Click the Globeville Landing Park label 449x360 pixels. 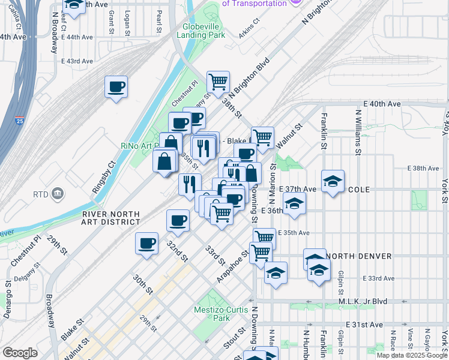(x=201, y=31)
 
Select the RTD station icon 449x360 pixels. (x=58, y=193)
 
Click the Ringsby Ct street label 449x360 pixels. (x=103, y=176)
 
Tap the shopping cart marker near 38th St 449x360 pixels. (x=218, y=82)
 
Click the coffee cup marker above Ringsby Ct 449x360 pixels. (x=116, y=86)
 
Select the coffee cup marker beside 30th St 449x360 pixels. (x=146, y=243)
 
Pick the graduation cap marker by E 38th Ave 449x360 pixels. (x=333, y=181)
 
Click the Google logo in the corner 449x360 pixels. (x=20, y=353)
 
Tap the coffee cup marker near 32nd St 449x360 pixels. (x=177, y=220)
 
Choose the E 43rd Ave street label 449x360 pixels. (x=77, y=61)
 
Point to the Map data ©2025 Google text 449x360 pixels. (x=411, y=355)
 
